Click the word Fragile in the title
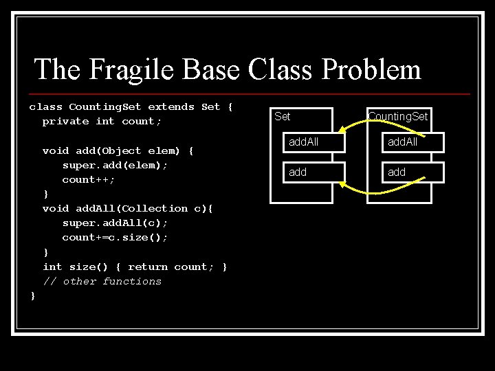point(141,69)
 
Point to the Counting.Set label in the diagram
point(397,116)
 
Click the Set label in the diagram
point(283,116)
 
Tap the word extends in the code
point(171,106)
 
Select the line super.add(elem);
point(115,165)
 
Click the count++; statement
point(88,179)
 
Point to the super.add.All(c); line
point(115,223)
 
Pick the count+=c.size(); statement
point(115,237)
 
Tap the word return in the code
point(148,266)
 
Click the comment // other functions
point(102,281)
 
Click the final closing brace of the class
point(32,295)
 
